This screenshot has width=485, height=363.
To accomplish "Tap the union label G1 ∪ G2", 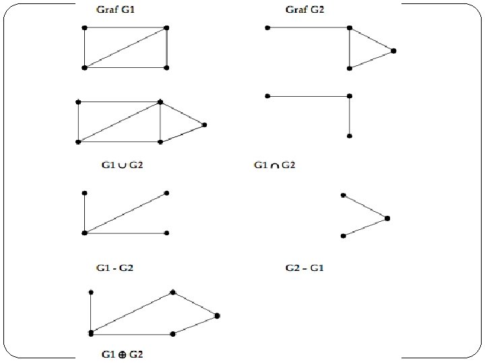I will click(x=121, y=165).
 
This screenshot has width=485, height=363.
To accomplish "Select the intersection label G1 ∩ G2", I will click(x=274, y=165).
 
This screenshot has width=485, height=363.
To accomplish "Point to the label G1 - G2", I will click(x=115, y=268).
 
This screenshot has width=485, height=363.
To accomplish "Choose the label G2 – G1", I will click(x=305, y=268).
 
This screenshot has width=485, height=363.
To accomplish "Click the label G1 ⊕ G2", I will click(x=122, y=354).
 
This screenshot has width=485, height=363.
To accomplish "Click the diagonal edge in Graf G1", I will click(x=125, y=48).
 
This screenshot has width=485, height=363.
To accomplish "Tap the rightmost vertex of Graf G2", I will click(x=393, y=50).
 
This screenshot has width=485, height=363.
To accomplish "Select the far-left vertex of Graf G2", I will click(x=267, y=28).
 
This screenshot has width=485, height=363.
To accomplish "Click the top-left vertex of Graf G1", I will click(x=84, y=28).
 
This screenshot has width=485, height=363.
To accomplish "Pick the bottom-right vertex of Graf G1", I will click(x=166, y=68).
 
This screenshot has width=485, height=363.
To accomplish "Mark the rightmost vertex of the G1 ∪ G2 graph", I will click(x=204, y=124).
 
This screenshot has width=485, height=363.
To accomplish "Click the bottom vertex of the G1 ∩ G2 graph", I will click(x=349, y=136).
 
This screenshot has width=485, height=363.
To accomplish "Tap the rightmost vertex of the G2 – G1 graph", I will click(x=387, y=218).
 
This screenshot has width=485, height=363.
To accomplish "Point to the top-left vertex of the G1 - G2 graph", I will click(x=84, y=193).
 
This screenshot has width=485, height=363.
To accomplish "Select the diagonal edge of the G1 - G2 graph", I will click(x=125, y=213).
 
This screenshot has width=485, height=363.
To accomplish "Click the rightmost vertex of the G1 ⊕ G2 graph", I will click(x=217, y=315).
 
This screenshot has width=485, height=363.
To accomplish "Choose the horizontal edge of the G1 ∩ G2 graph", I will click(x=308, y=96).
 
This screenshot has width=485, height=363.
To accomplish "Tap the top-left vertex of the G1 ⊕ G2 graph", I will click(x=90, y=292).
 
